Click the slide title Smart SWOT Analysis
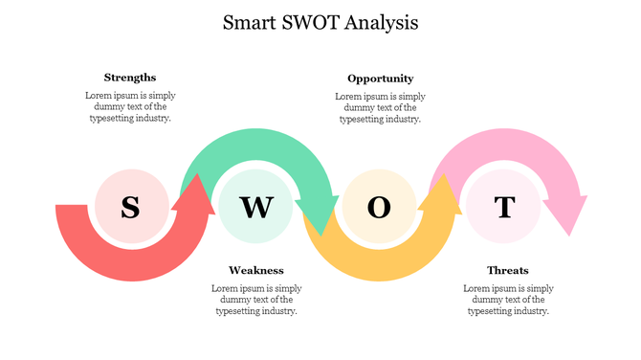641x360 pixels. [x=320, y=22]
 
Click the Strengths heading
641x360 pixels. [x=130, y=77]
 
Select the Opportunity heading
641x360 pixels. [x=380, y=79]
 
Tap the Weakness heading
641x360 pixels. [x=255, y=270]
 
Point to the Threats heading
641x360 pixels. [x=507, y=270]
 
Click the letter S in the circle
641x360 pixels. [x=131, y=207]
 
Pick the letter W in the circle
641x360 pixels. [x=255, y=207]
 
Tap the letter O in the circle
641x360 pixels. [x=380, y=207]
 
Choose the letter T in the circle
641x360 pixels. [x=504, y=207]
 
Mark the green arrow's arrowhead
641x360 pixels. [x=317, y=215]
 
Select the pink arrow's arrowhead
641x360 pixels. [x=566, y=216]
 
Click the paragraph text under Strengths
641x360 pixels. [x=130, y=107]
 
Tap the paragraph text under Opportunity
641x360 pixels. [x=380, y=107]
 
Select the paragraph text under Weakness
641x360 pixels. [x=255, y=299]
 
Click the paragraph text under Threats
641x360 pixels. [x=507, y=299]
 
